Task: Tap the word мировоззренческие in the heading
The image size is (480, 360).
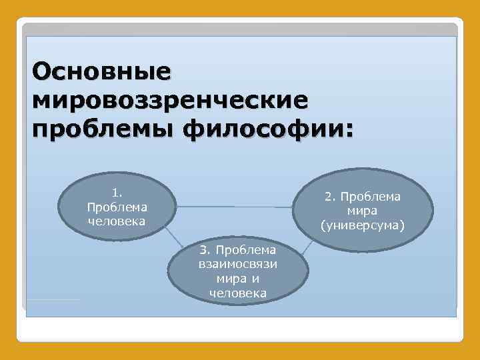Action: coord(170,100)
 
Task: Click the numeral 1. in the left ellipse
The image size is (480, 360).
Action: coord(117,193)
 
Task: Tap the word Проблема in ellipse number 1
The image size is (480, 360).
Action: coord(117,207)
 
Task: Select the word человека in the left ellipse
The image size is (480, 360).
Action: coord(117,221)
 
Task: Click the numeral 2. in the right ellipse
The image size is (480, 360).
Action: coord(331,197)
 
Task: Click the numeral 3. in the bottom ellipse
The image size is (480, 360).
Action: coord(206,250)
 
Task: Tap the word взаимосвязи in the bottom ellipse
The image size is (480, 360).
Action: coord(238,264)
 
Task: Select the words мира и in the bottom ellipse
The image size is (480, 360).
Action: coord(238,279)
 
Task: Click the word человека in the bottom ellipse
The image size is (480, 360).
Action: coord(238,293)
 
